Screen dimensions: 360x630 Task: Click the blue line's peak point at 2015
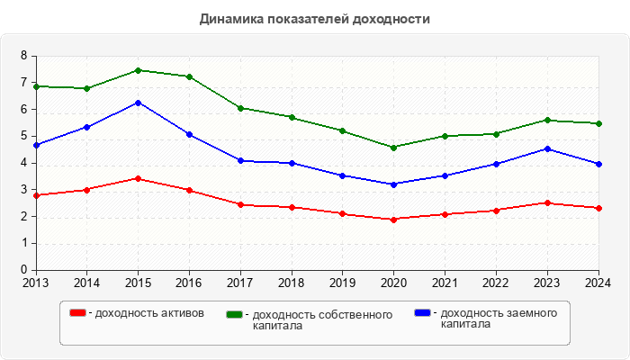point(138,103)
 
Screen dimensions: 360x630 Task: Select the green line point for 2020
point(394,148)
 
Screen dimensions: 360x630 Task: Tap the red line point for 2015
point(138,178)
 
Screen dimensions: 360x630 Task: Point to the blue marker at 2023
point(548,148)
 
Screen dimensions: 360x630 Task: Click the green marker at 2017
point(240,108)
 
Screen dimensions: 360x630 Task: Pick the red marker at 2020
point(394,219)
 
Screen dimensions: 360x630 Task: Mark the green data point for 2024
point(599,123)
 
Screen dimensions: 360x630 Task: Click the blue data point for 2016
point(189,134)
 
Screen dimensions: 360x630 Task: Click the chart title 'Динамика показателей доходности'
point(314,18)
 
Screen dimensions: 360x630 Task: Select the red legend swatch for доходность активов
point(78,312)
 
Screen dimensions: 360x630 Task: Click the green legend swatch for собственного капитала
point(236,314)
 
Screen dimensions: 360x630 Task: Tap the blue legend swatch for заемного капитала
point(422,312)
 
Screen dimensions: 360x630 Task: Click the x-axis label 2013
point(36,283)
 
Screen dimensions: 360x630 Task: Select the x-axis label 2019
point(343,283)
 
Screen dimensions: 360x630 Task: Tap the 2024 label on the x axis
point(598,283)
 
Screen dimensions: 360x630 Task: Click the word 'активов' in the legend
point(184,313)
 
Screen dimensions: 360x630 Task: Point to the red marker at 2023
point(548,202)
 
